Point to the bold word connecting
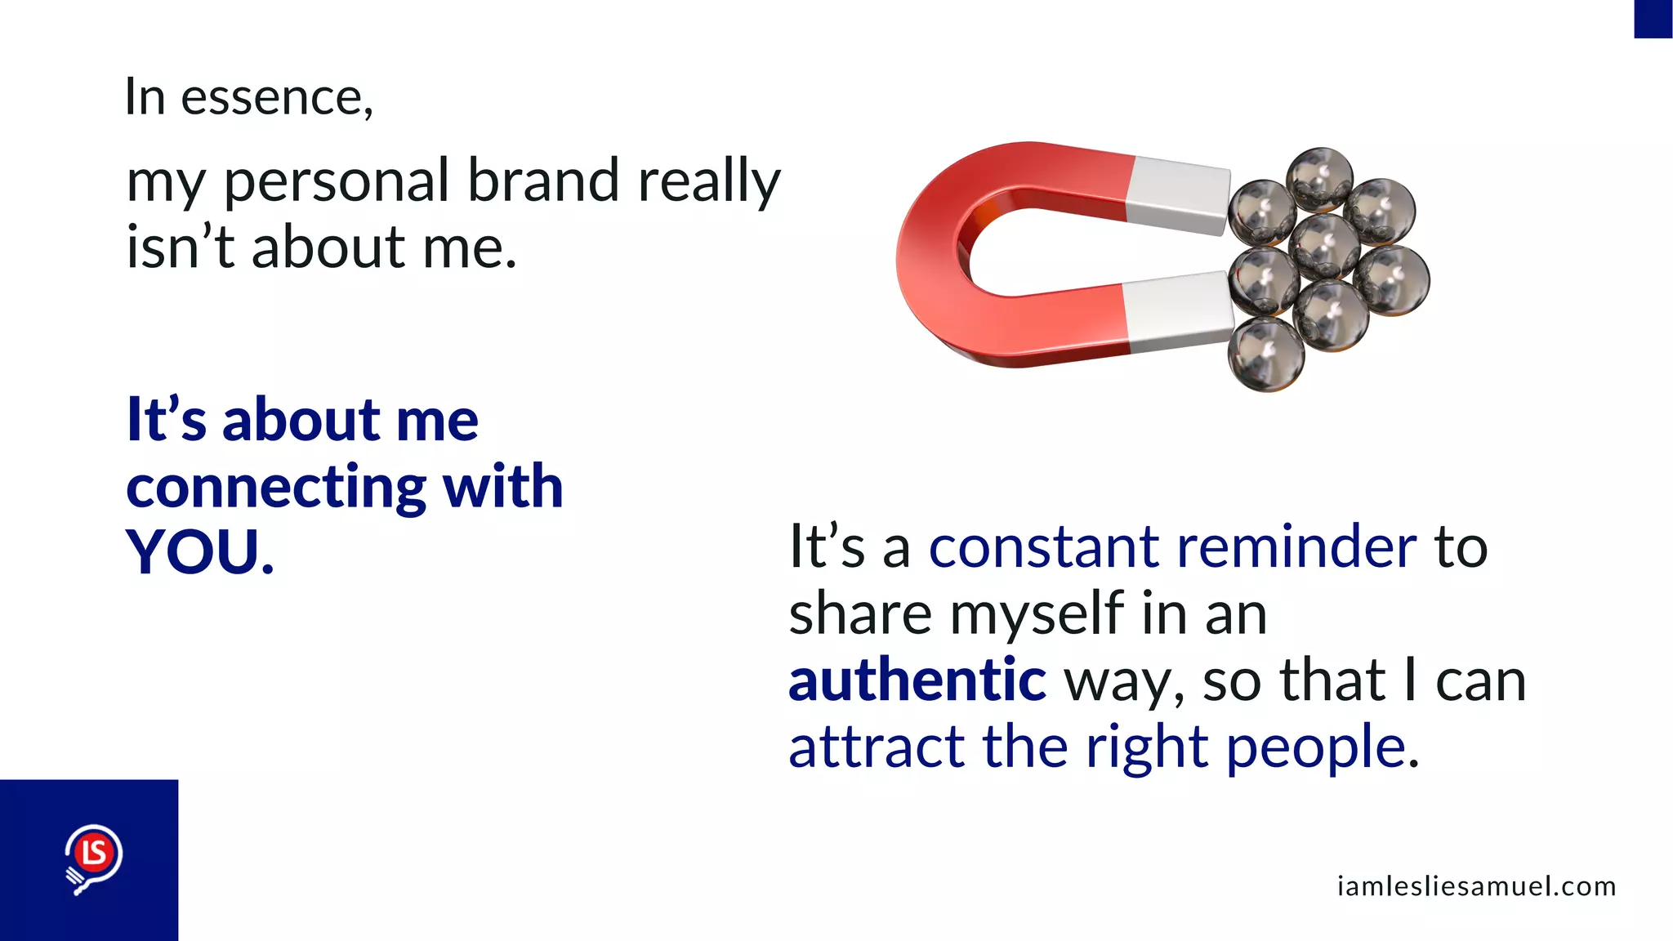[x=275, y=488]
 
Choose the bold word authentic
[x=917, y=680]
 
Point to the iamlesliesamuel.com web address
[x=1476, y=886]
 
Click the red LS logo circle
[x=94, y=853]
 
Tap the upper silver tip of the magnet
[x=1177, y=194]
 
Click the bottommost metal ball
[x=1266, y=355]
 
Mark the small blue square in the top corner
[x=1653, y=18]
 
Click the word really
[x=709, y=181]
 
